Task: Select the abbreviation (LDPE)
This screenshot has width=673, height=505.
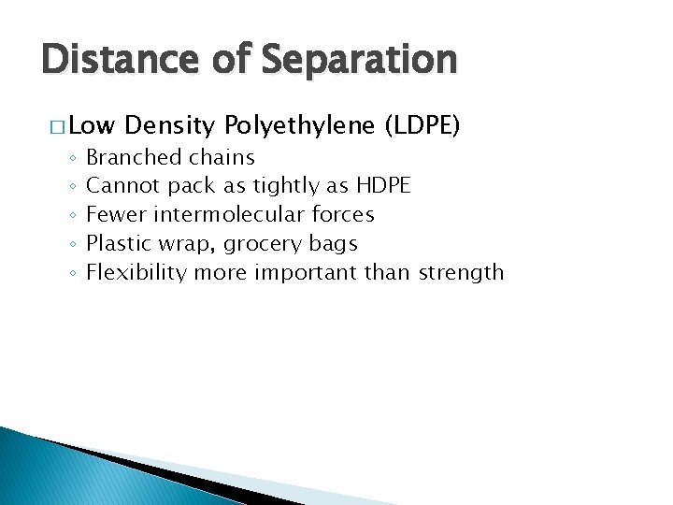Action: [422, 126]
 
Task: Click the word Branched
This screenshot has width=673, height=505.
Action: [133, 157]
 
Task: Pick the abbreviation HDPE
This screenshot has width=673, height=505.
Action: [383, 186]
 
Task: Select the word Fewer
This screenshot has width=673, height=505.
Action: [116, 214]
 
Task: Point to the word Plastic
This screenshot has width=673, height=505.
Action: [116, 243]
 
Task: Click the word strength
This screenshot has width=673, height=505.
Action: [461, 273]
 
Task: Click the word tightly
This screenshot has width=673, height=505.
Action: [282, 186]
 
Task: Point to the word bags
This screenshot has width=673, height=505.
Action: [336, 244]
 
